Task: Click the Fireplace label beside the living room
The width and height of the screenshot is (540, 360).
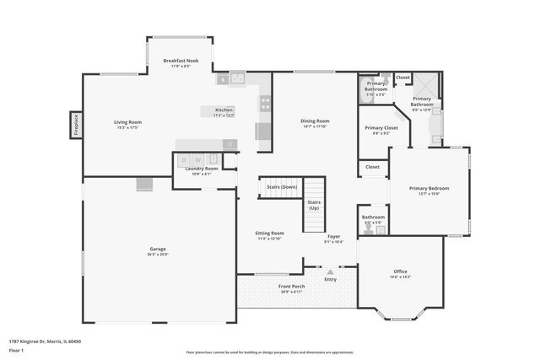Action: click(x=76, y=126)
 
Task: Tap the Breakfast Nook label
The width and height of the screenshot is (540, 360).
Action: click(x=181, y=61)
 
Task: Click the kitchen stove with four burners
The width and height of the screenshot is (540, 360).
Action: click(x=264, y=104)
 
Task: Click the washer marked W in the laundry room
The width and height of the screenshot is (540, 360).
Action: click(x=197, y=159)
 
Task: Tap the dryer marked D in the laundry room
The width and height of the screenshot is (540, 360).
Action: click(x=184, y=159)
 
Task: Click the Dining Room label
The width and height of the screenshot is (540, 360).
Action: click(x=315, y=121)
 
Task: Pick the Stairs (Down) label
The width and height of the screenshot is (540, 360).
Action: click(x=282, y=186)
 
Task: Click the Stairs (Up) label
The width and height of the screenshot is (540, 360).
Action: click(x=314, y=206)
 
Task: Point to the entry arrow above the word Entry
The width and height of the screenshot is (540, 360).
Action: click(x=330, y=272)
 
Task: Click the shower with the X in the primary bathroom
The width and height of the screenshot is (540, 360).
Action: click(x=429, y=84)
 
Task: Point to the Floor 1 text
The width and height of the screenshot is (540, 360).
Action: click(x=17, y=351)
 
